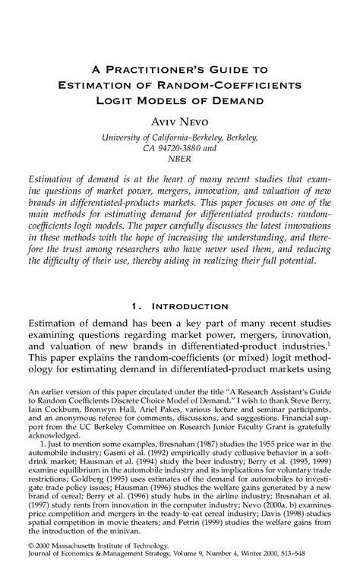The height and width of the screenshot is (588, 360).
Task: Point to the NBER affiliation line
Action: click(180, 159)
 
